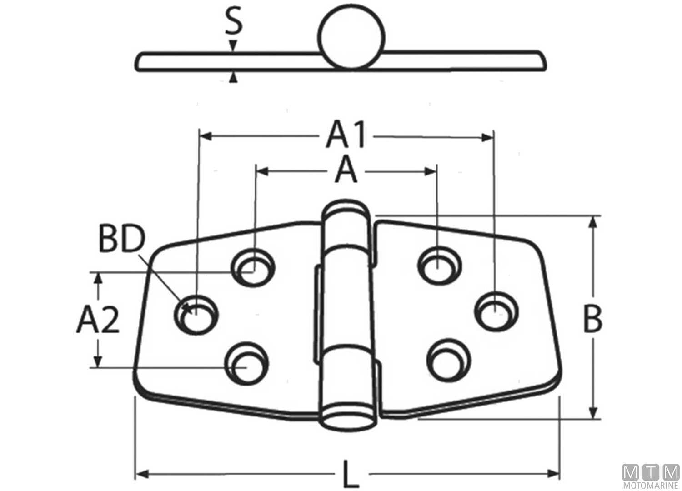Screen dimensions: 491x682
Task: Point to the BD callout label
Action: pos(121,240)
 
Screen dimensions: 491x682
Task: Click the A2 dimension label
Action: pos(98,320)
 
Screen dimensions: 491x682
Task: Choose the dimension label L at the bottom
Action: pos(348,474)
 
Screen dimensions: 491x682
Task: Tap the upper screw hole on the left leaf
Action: pos(253,268)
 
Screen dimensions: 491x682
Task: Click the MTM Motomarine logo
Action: pos(651,477)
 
